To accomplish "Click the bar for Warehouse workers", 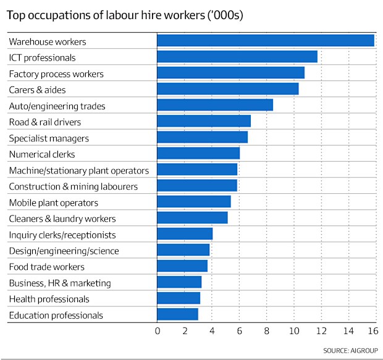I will [266, 41].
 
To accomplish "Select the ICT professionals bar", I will [237, 57].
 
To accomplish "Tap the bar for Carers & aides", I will [228, 89].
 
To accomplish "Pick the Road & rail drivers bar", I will [204, 121].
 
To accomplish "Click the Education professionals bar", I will [178, 314].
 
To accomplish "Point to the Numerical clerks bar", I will [198, 153].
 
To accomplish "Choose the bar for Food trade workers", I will [182, 266].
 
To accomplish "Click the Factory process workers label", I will [56, 74].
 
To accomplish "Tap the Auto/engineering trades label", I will [57, 106].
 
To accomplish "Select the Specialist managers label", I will [49, 138].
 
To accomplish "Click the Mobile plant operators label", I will [54, 203].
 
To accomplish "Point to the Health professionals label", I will [49, 299].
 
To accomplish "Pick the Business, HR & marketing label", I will [60, 283].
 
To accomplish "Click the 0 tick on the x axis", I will [158, 332].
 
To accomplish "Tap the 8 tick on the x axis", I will [267, 332].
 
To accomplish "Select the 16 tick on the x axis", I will [372, 332].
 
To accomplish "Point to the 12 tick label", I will [321, 332].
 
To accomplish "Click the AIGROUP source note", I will [349, 350].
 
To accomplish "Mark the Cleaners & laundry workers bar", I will [192, 218].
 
